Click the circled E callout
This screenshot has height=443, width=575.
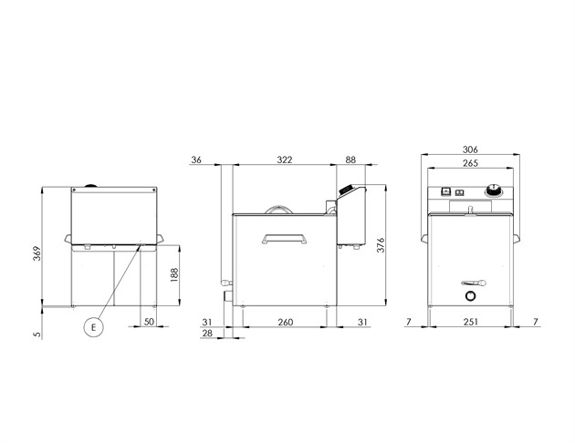click(93, 327)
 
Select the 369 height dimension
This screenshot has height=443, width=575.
click(37, 253)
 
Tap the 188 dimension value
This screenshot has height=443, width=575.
click(174, 274)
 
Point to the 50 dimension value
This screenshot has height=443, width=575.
click(149, 322)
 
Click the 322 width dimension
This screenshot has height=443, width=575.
click(285, 160)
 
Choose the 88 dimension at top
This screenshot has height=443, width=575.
click(350, 160)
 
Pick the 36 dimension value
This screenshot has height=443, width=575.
click(196, 160)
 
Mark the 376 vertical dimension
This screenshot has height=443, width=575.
click(381, 245)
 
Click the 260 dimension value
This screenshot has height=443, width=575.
click(286, 322)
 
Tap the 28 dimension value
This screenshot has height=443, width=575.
click(207, 334)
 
